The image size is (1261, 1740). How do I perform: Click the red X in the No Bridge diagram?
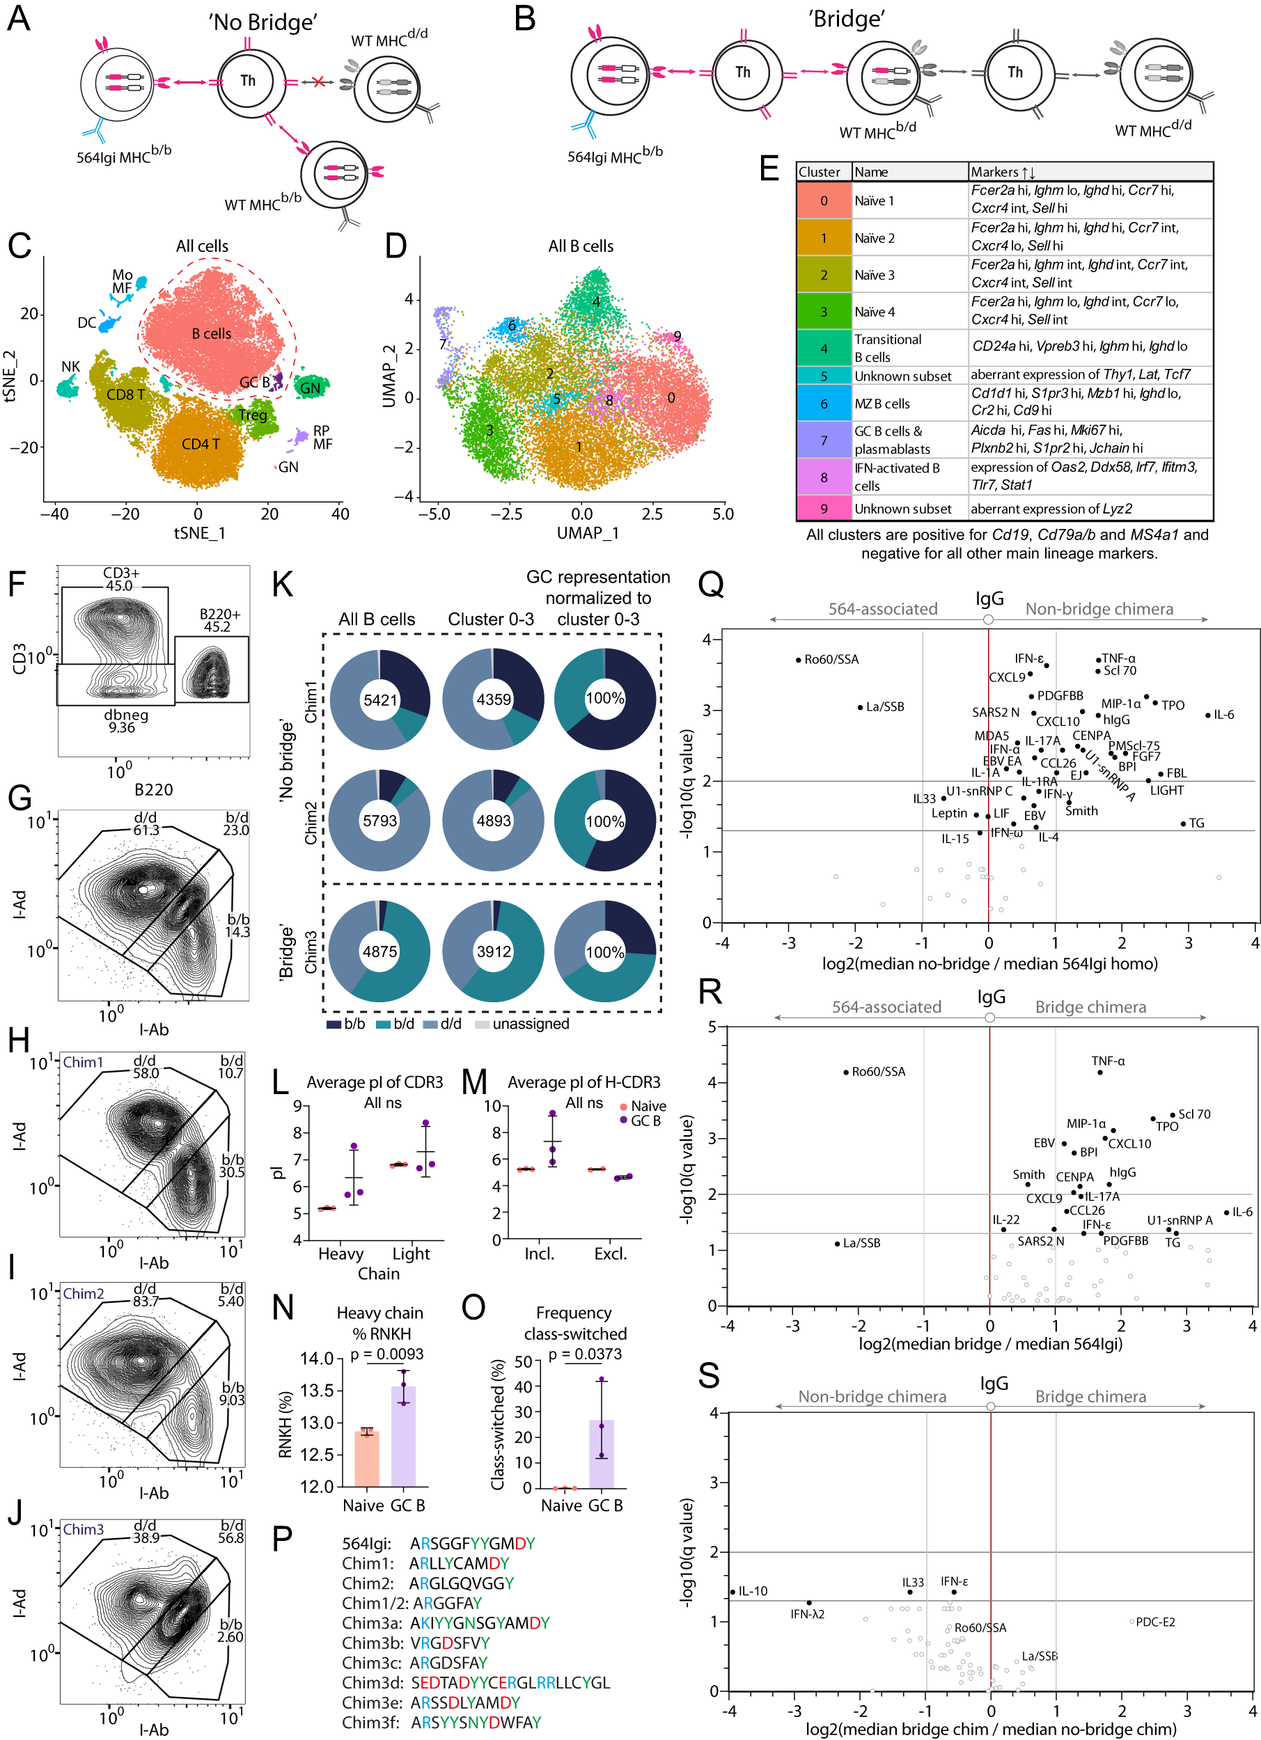tap(318, 81)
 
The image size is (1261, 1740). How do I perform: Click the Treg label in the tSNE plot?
tap(253, 415)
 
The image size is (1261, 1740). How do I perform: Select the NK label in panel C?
tap(70, 366)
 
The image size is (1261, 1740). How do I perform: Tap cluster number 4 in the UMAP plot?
tap(595, 301)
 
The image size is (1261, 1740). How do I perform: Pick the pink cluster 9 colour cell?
tap(824, 508)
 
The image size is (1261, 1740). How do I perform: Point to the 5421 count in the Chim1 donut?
tap(380, 699)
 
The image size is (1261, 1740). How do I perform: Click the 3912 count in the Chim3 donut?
tap(494, 951)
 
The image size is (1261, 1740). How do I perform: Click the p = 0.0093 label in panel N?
tap(387, 1354)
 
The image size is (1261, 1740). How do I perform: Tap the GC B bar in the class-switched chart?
tap(601, 1453)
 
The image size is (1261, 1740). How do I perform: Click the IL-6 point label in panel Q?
tap(1223, 714)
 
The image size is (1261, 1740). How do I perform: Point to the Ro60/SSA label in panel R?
tap(878, 1072)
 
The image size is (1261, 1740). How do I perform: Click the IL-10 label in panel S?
tap(752, 1591)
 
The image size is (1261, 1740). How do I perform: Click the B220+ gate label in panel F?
tap(219, 620)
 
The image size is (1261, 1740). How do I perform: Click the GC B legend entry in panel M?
tap(645, 1121)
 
